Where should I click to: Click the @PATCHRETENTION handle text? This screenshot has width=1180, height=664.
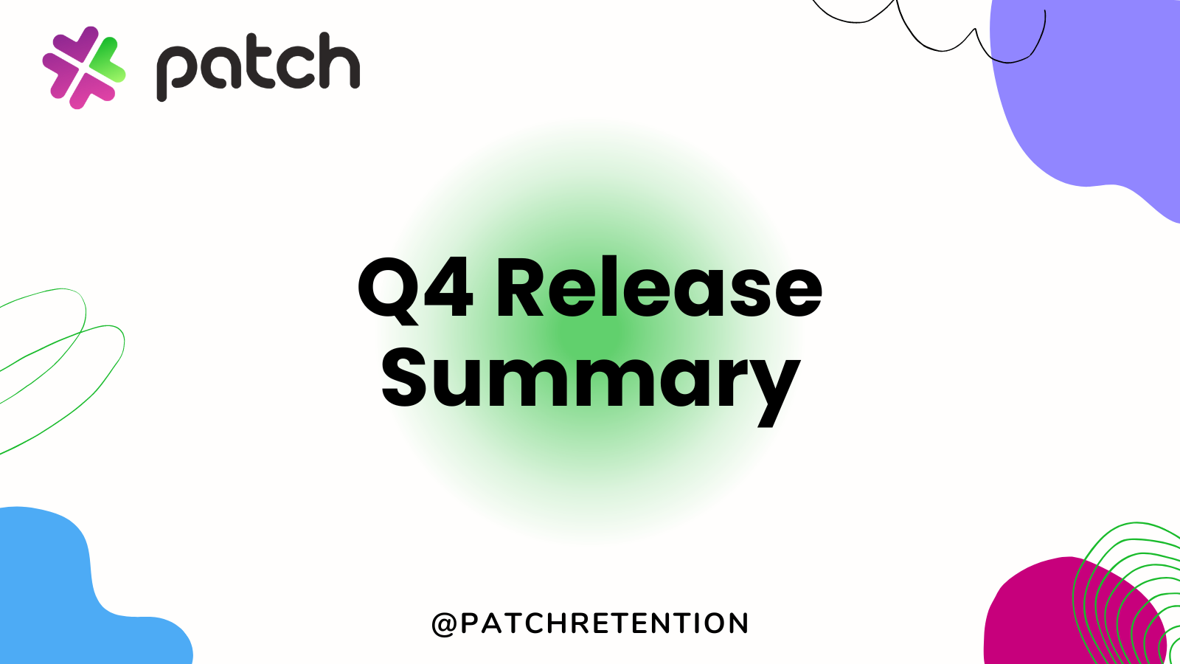(x=590, y=623)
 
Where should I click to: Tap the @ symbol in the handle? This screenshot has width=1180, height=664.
(x=444, y=624)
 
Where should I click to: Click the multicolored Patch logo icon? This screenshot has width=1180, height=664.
(x=83, y=67)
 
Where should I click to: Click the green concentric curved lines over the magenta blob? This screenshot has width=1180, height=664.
(x=1128, y=583)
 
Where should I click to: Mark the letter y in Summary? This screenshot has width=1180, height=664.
(x=771, y=387)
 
